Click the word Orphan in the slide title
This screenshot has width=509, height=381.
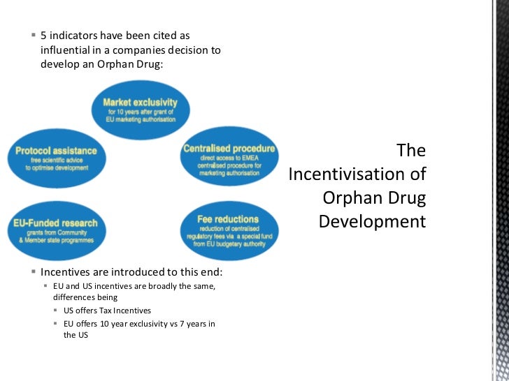pos(348,197)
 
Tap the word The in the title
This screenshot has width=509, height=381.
pos(410,150)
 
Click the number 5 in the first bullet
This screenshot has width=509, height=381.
pos(44,35)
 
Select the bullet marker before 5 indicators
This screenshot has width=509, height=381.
pos(33,35)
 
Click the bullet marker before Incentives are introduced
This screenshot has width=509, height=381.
pos(33,273)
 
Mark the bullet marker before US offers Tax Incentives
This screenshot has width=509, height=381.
pos(56,311)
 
